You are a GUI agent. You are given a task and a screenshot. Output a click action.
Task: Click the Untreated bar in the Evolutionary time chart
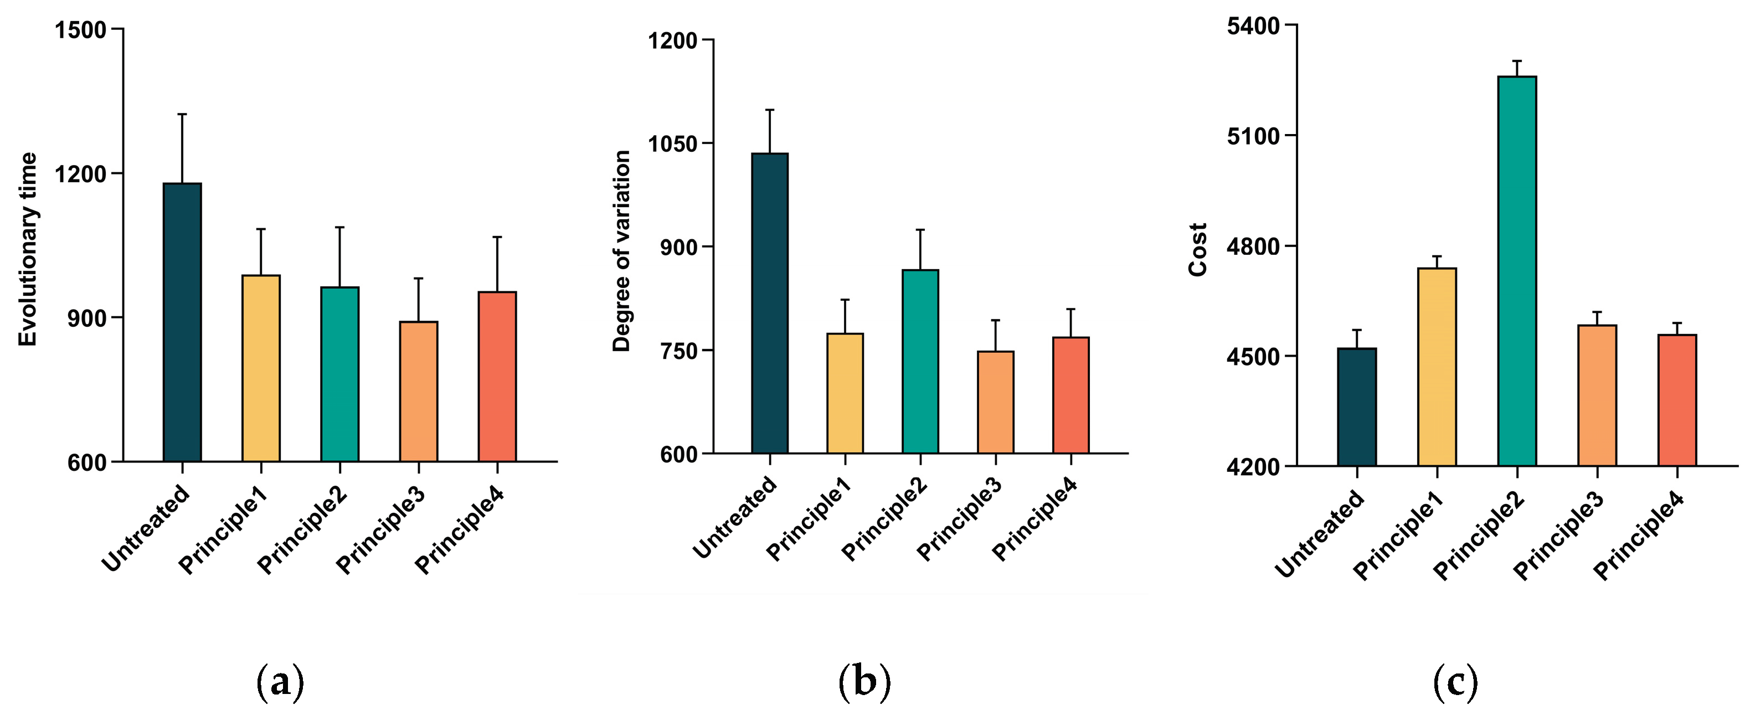pos(182,323)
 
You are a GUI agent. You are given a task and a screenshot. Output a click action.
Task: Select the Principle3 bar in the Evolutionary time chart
pos(419,392)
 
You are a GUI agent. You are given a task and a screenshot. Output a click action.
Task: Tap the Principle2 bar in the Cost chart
pos(1517,272)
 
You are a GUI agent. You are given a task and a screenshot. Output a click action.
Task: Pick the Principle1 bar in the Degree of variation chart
pos(845,393)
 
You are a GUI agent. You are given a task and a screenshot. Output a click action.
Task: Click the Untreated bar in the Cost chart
pos(1357,408)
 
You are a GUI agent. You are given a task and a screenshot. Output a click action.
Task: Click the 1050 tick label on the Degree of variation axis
pos(672,144)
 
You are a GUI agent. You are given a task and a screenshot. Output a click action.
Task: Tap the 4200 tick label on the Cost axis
pos(1253,467)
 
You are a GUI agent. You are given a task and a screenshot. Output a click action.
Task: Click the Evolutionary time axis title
pos(27,249)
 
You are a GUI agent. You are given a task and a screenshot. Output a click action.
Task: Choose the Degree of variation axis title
pos(621,251)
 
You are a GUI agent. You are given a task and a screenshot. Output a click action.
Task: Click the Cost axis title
pos(1198,249)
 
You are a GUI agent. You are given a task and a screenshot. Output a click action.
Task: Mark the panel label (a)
pos(280,683)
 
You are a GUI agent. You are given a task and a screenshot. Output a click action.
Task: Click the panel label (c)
pos(1455,683)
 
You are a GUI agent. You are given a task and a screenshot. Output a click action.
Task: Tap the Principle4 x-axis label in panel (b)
pos(1034,520)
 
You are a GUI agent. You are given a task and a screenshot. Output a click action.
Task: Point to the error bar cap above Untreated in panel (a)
pos(182,114)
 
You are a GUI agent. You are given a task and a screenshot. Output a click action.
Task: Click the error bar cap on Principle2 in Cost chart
pos(1517,61)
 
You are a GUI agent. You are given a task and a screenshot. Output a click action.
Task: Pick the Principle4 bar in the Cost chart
pos(1677,401)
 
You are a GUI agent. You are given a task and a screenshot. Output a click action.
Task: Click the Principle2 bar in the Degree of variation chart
pos(920,361)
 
